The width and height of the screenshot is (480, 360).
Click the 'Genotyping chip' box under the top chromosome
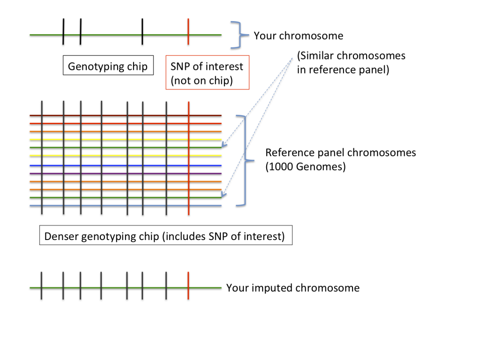(x=108, y=66)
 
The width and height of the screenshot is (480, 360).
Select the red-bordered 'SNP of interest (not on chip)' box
(x=207, y=73)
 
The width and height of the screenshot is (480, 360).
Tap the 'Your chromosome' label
(x=299, y=36)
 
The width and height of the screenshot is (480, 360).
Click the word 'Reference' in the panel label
(x=289, y=153)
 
